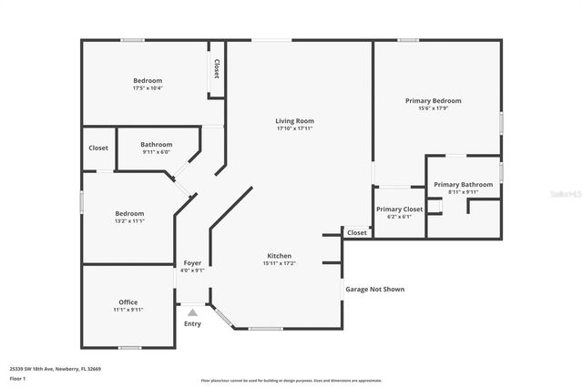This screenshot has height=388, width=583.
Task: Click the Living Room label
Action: [294, 120]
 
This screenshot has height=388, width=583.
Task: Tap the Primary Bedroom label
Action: [434, 100]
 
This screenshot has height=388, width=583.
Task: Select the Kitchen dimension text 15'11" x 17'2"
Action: [280, 263]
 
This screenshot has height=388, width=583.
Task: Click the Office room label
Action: [128, 301]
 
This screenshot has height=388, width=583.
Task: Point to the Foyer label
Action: [192, 262]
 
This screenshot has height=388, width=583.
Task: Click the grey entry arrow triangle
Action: [192, 312]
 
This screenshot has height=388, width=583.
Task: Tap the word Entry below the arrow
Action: [192, 324]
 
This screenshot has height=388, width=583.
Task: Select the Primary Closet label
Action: [399, 209]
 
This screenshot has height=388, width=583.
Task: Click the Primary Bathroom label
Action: [463, 185]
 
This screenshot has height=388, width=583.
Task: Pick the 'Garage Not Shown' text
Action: [373, 290]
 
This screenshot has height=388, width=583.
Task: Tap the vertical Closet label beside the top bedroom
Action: [216, 69]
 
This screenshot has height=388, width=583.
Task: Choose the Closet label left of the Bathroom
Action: [97, 148]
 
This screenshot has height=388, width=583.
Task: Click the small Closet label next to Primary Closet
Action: [356, 233]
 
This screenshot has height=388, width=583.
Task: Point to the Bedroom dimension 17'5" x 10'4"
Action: [148, 87]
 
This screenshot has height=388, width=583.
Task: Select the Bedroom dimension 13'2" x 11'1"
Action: [128, 220]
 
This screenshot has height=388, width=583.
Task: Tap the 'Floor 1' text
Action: [17, 378]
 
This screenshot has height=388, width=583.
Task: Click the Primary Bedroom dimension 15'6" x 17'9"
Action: [434, 108]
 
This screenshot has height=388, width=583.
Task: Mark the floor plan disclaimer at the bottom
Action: [291, 381]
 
